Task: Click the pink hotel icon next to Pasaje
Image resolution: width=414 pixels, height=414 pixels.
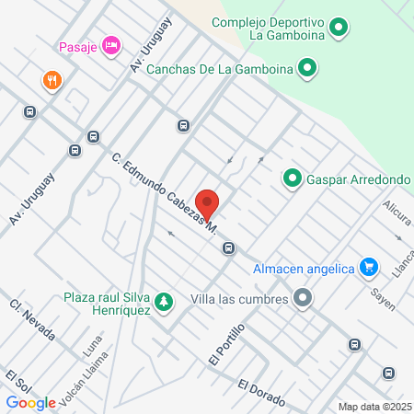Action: [x=110, y=45]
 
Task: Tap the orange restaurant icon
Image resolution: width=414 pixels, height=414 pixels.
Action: [x=52, y=81]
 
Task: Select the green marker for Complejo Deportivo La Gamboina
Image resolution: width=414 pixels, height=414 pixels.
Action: [x=339, y=29]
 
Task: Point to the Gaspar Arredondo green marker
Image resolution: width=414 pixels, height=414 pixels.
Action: [x=293, y=178]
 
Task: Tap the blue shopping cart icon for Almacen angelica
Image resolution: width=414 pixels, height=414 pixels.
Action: [x=369, y=268]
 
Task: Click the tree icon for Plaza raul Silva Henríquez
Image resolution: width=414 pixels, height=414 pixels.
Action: [x=164, y=302]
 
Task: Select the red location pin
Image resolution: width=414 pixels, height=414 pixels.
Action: [x=208, y=204]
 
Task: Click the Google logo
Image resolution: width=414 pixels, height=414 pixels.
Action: [x=31, y=402]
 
